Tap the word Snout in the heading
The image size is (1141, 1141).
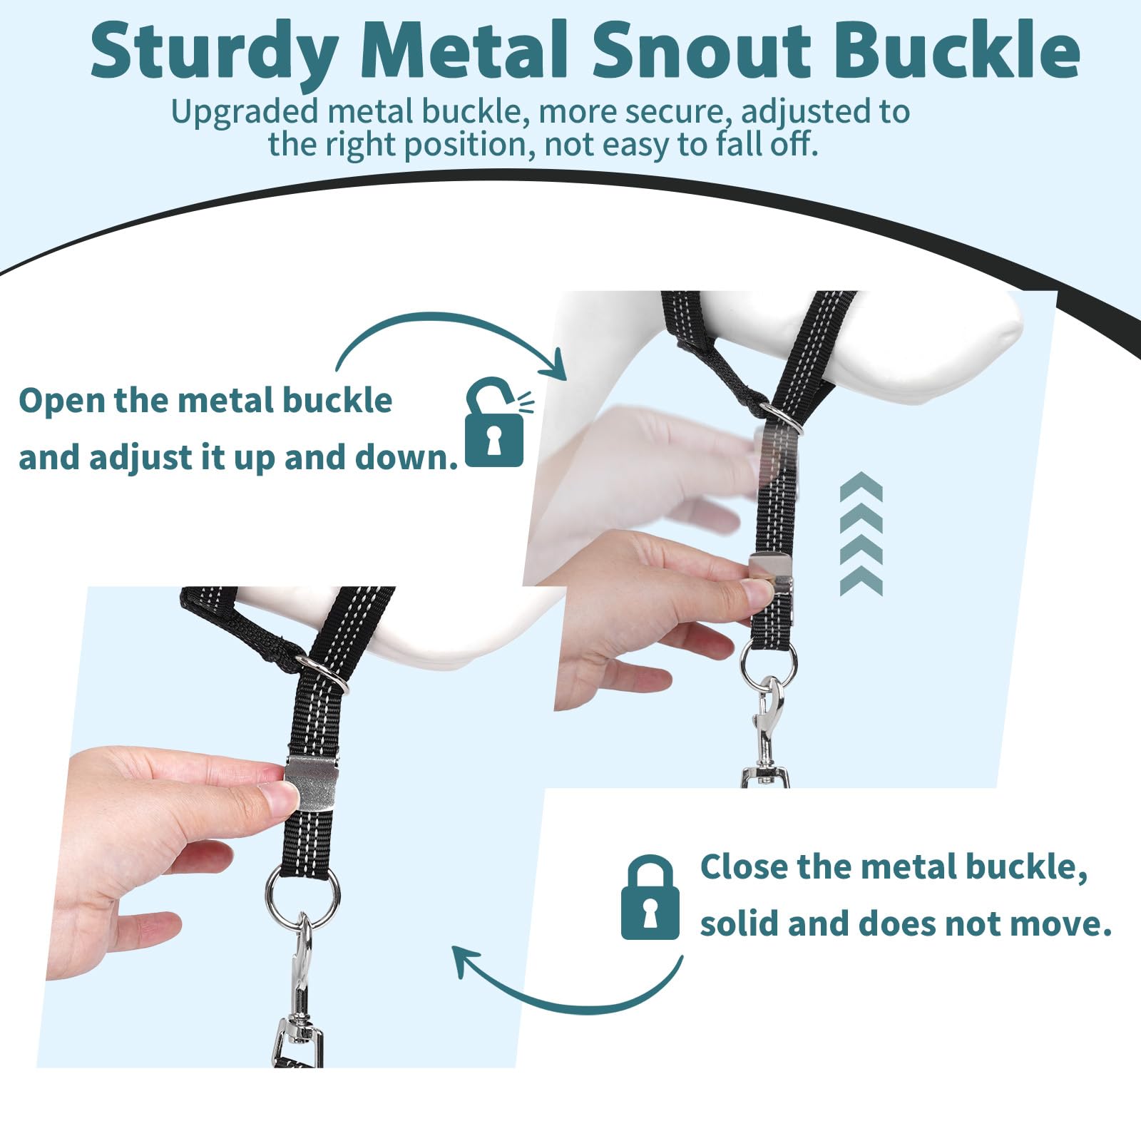pos(702,50)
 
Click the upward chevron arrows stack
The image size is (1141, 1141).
pos(861,533)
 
